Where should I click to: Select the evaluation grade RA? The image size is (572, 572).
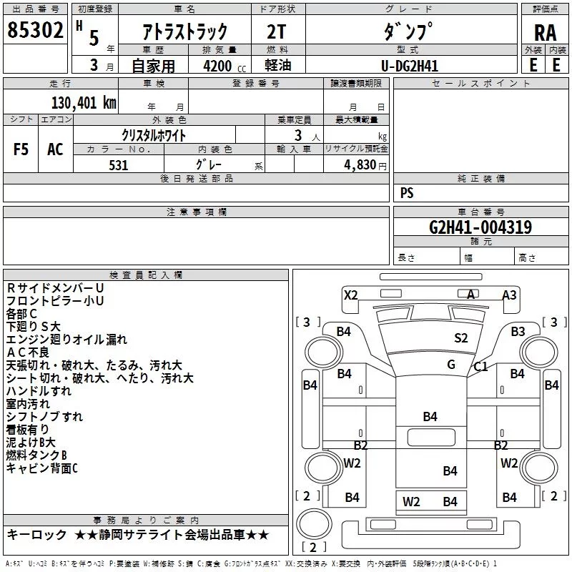click(x=545, y=33)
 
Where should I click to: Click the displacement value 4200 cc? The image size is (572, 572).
click(x=225, y=66)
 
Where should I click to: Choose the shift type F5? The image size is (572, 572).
click(x=21, y=149)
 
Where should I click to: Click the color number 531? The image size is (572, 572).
click(x=118, y=165)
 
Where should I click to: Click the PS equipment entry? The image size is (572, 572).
click(x=407, y=193)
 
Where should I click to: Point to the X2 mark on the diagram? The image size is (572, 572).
click(x=350, y=295)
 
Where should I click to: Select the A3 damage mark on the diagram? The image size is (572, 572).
click(x=509, y=295)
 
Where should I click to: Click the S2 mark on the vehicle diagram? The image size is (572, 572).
click(x=460, y=337)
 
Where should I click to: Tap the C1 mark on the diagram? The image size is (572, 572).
click(x=480, y=367)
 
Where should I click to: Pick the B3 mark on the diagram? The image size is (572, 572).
click(x=518, y=331)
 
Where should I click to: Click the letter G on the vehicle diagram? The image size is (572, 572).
click(x=450, y=364)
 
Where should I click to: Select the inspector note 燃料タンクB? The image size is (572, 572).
click(x=36, y=455)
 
